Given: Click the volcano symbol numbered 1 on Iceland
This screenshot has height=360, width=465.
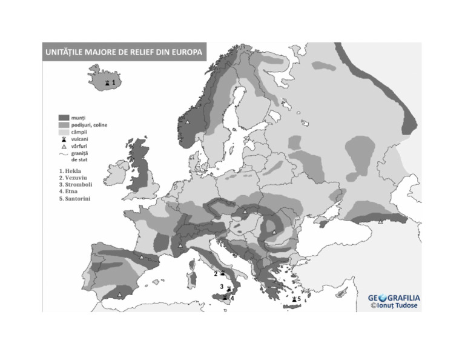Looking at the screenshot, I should click(x=107, y=82).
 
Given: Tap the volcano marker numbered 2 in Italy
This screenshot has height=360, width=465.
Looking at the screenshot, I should click(x=223, y=273).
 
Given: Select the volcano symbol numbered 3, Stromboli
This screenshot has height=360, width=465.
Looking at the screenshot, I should click(x=228, y=288).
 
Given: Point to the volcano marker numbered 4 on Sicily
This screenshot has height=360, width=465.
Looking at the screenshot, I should click(x=225, y=298).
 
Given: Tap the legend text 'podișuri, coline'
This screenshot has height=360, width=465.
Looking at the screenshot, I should click(x=89, y=125).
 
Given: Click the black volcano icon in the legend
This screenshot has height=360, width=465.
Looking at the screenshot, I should click(x=63, y=139).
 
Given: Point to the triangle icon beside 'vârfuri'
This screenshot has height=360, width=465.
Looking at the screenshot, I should click(x=63, y=147).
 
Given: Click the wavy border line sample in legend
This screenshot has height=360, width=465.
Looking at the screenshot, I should click(x=63, y=154).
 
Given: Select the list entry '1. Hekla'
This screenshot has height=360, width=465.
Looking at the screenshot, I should click(x=70, y=171).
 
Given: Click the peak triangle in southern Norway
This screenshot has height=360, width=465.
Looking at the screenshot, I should click(x=188, y=122).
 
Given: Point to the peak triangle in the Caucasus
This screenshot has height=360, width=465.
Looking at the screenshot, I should click(x=380, y=222).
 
